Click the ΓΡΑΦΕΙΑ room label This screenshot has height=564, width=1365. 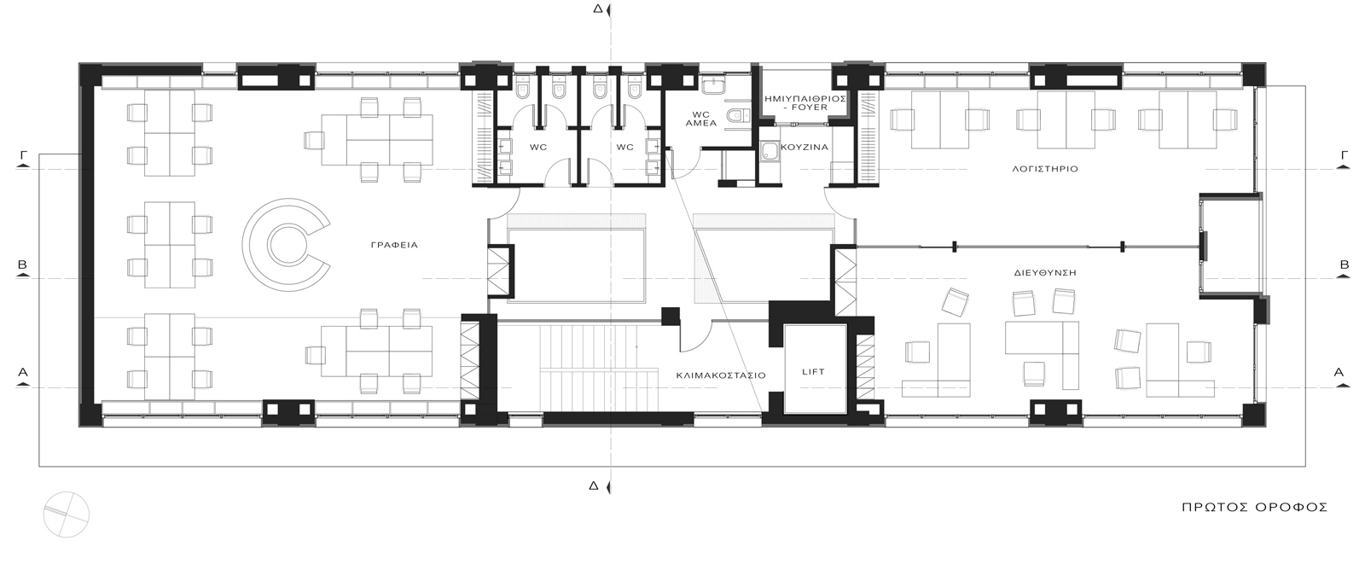click(394, 245)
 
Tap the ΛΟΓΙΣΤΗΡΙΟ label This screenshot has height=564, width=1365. click(1045, 169)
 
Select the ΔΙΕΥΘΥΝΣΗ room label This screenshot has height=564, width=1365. click(1045, 272)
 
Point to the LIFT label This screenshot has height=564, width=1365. click(814, 371)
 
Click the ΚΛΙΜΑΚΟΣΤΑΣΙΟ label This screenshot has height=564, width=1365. click(721, 375)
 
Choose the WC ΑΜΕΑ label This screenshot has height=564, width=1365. click(700, 119)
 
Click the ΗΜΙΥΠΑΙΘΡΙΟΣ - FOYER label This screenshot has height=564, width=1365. click(805, 102)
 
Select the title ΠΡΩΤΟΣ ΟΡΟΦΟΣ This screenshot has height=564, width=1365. click(1255, 508)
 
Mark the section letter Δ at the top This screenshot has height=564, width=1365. click(597, 9)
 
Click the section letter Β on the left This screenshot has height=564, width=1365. click(22, 265)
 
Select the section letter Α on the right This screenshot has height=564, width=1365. click(1339, 372)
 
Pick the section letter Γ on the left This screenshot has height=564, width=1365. click(24, 155)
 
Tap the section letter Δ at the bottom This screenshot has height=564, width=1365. click(594, 486)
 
